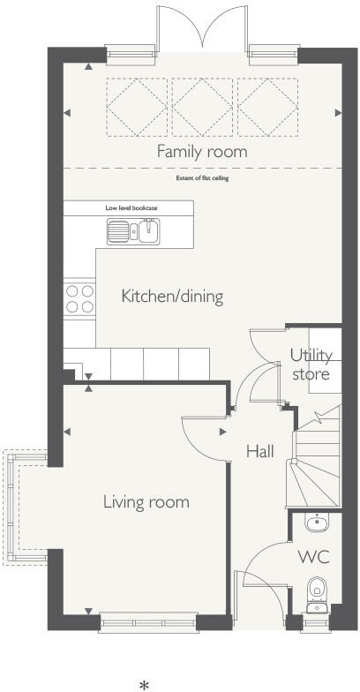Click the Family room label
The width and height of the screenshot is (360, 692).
pyautogui.click(x=202, y=151)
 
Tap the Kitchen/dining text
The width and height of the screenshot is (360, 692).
pyautogui.click(x=172, y=296)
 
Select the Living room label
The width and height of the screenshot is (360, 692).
pyautogui.click(x=146, y=502)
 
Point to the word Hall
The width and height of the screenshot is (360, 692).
pyautogui.click(x=259, y=451)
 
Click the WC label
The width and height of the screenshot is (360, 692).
pyautogui.click(x=313, y=557)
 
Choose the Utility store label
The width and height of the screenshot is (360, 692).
pyautogui.click(x=311, y=365)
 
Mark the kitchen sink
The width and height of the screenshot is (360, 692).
pyautogui.click(x=132, y=232)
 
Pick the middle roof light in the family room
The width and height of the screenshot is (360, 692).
pyautogui.click(x=202, y=107)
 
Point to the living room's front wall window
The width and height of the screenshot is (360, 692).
pyautogui.click(x=146, y=622)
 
